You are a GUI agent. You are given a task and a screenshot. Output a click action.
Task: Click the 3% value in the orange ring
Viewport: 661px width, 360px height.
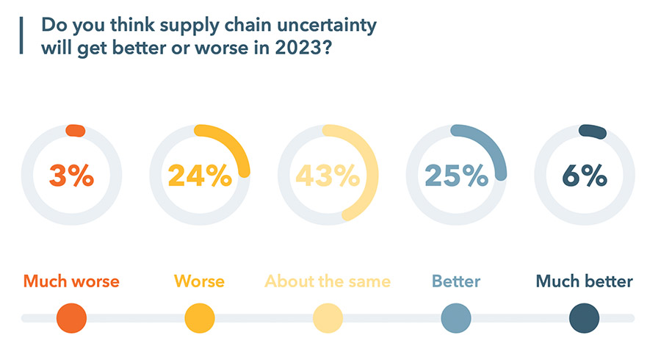[x=71, y=176]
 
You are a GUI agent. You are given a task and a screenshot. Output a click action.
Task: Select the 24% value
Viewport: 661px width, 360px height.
[x=199, y=176]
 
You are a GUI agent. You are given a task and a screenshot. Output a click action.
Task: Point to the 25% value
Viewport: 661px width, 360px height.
[x=455, y=176]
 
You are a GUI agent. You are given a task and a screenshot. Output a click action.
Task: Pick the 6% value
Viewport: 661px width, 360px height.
[x=585, y=176]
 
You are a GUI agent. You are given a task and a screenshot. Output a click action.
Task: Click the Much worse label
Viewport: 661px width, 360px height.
[x=71, y=281]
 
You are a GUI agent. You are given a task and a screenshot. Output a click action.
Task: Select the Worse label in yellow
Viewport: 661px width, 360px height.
[x=199, y=281]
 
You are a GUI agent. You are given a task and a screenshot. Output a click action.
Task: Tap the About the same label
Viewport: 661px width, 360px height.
[x=328, y=281]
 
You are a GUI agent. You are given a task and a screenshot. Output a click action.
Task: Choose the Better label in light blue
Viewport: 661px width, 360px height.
[x=456, y=281]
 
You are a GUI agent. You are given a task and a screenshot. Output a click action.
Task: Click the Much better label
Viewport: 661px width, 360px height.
[x=584, y=281]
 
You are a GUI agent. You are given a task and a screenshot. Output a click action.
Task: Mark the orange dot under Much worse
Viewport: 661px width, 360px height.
[x=71, y=318]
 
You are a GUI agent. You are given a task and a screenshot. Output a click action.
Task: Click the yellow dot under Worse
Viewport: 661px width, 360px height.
[x=200, y=318]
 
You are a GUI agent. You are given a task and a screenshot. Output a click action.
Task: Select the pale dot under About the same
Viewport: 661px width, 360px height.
[x=328, y=318]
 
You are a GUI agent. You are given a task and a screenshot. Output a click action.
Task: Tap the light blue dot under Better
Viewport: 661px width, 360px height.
[x=456, y=318]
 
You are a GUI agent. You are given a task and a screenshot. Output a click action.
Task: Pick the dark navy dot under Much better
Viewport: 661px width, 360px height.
[x=584, y=318]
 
